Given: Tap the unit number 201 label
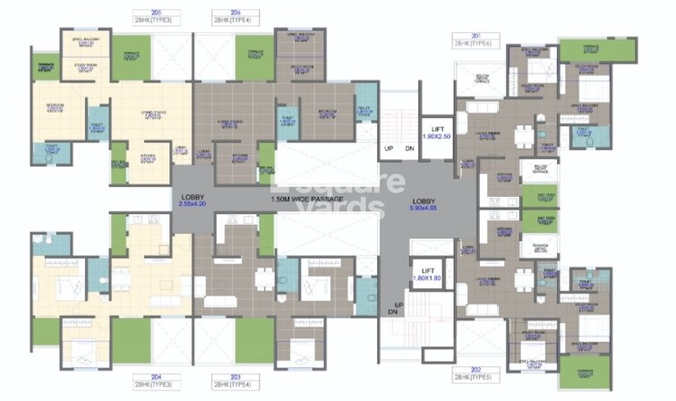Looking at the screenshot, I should pyautogui.click(x=462, y=36).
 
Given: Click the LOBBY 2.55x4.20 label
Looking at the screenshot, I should pyautogui.click(x=191, y=200).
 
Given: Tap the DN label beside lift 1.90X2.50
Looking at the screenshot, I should pyautogui.click(x=409, y=148).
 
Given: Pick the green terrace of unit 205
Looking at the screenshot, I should pyautogui.click(x=44, y=64).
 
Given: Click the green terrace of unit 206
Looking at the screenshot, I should pyautogui.click(x=255, y=60).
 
